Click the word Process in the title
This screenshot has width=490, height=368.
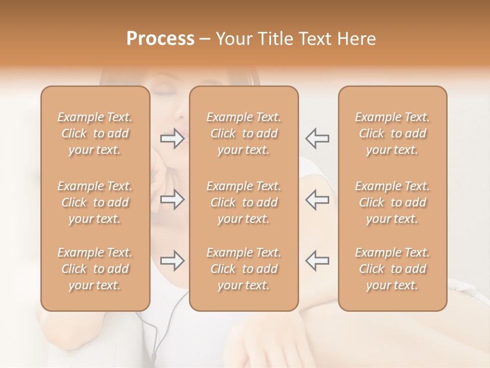point(160,39)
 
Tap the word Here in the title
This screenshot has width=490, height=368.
point(355,39)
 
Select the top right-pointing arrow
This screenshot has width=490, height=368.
point(173,138)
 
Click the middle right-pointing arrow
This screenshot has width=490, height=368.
point(173,199)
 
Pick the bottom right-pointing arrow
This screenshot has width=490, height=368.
point(173,261)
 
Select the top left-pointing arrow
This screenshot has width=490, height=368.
point(317,138)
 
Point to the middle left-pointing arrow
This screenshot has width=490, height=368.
point(317,199)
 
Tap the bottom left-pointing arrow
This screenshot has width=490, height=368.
point(317,261)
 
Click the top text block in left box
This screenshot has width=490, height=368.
point(95,133)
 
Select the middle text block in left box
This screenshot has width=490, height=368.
point(95,202)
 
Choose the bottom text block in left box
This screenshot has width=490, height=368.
point(95,269)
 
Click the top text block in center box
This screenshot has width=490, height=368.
point(243,133)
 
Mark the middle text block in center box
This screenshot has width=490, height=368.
point(243,202)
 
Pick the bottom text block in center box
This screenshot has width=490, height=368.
point(243,269)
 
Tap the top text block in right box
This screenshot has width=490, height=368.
point(392,133)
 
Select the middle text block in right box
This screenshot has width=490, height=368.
point(392,202)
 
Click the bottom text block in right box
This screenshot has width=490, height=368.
point(392,269)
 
